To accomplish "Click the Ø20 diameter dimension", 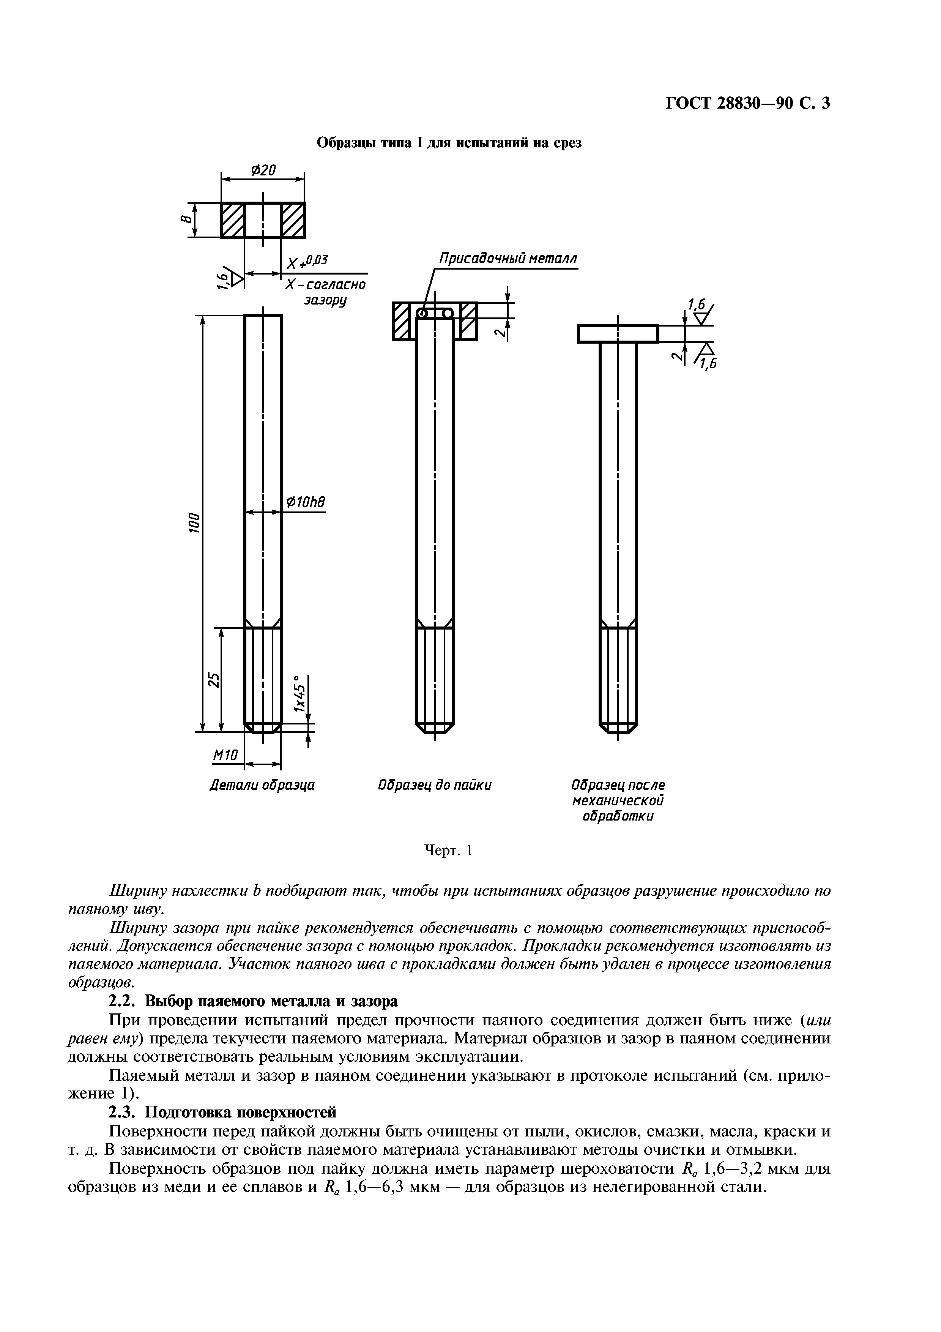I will pyautogui.click(x=263, y=170).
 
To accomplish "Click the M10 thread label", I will pyautogui.click(x=225, y=755).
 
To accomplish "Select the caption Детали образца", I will pyautogui.click(x=262, y=786).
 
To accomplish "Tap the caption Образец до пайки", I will pyautogui.click(x=434, y=786).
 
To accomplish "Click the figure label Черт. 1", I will pyautogui.click(x=449, y=851).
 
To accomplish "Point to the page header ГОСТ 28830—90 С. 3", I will pyautogui.click(x=747, y=103).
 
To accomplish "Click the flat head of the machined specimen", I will pyautogui.click(x=618, y=334).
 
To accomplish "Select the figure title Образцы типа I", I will pyautogui.click(x=449, y=143).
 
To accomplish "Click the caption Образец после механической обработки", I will pyautogui.click(x=618, y=800).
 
